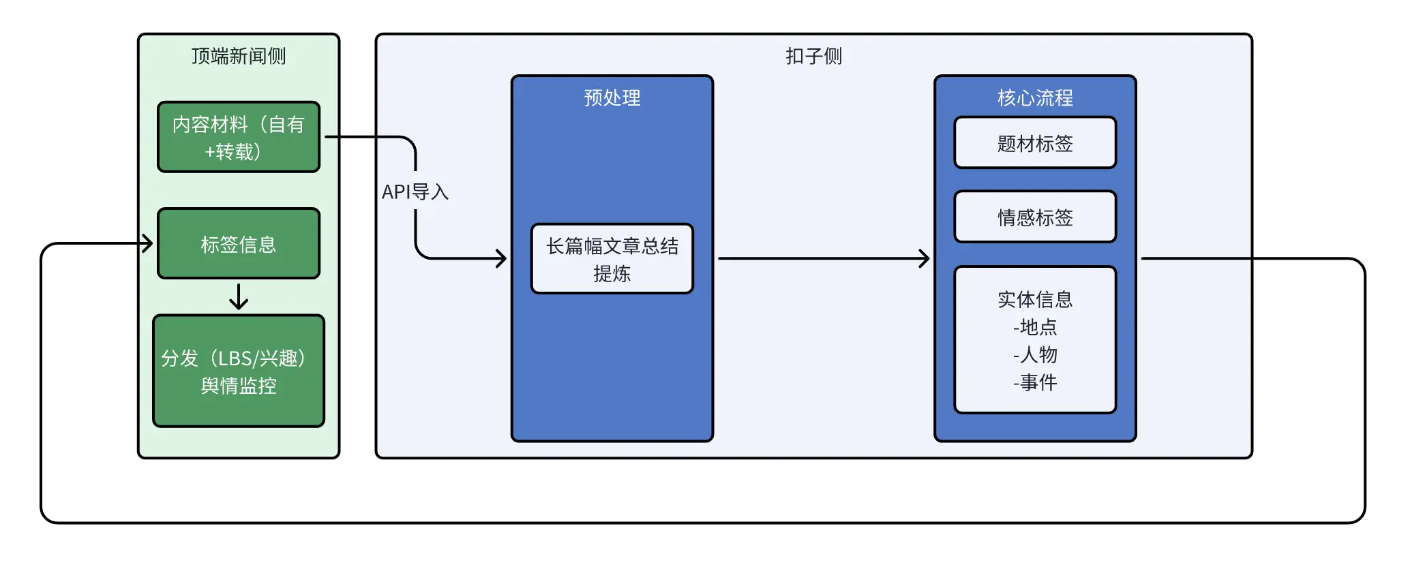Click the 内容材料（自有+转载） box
pyautogui.click(x=239, y=137)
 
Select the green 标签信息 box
pyautogui.click(x=239, y=243)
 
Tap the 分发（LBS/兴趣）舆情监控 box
pyautogui.click(x=239, y=371)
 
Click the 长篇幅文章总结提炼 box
pyautogui.click(x=612, y=259)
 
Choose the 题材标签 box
pyautogui.click(x=1035, y=142)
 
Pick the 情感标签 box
pyautogui.click(x=1035, y=217)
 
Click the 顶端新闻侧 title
pyautogui.click(x=239, y=56)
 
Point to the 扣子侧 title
pyautogui.click(x=814, y=56)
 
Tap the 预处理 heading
pyautogui.click(x=612, y=97)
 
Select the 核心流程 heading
pyautogui.click(x=1035, y=97)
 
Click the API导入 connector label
pyautogui.click(x=415, y=191)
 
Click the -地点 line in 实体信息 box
pyautogui.click(x=1035, y=327)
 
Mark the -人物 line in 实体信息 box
pyautogui.click(x=1035, y=354)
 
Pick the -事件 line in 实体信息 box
pyautogui.click(x=1035, y=382)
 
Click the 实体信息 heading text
pyautogui.click(x=1035, y=299)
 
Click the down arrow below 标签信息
pyautogui.click(x=239, y=296)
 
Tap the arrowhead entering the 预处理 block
pyautogui.click(x=502, y=258)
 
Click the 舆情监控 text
pyautogui.click(x=239, y=386)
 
